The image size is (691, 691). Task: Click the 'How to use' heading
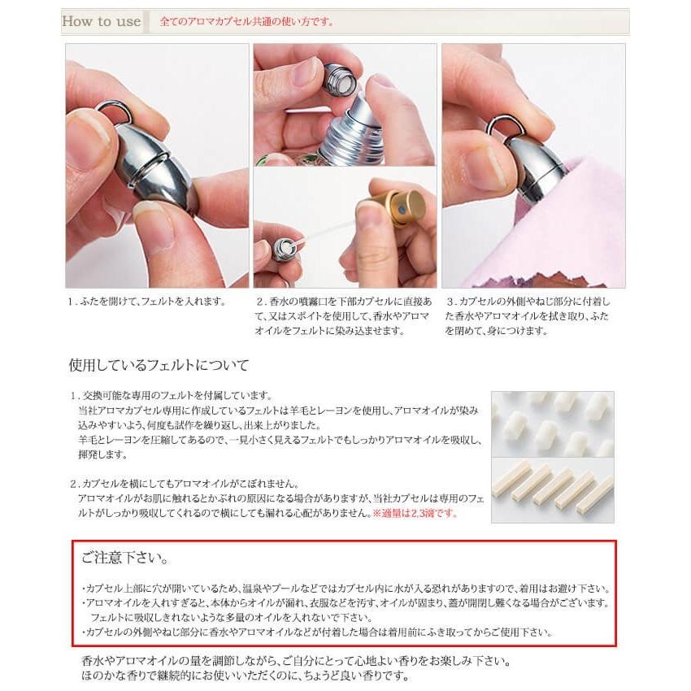tap(102, 21)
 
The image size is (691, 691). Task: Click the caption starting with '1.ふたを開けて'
tap(146, 302)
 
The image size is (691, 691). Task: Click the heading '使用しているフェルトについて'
tap(159, 365)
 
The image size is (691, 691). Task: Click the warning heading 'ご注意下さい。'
tap(125, 559)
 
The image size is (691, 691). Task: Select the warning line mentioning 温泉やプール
tap(345, 589)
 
